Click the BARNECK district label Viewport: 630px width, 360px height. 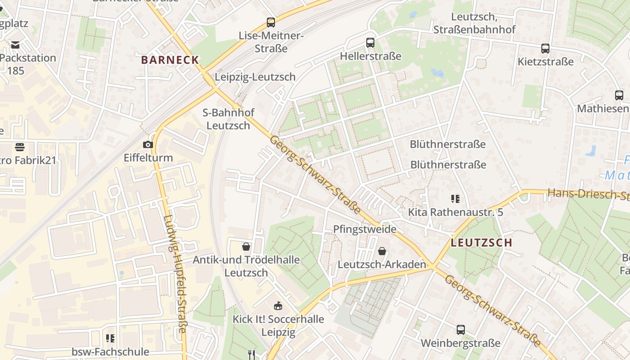[170, 60]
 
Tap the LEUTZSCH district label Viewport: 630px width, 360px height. [481, 243]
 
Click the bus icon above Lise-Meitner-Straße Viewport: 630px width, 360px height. [271, 22]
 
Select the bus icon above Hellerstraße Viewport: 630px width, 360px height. [370, 43]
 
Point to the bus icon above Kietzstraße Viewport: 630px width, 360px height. [545, 48]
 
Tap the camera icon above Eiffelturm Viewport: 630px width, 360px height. [148, 144]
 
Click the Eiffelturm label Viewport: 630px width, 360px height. [148, 158]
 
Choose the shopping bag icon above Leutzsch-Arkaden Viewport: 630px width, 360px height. [382, 251]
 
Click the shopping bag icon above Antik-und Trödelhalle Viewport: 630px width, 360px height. [246, 247]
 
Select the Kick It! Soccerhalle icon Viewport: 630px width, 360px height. [278, 306]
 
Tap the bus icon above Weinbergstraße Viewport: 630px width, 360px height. [461, 330]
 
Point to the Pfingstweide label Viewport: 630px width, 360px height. [364, 229]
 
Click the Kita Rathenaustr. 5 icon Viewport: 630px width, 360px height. [455, 198]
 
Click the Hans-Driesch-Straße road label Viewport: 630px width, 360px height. [587, 194]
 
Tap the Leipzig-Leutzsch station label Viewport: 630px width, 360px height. [255, 77]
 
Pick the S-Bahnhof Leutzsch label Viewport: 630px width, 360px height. [229, 119]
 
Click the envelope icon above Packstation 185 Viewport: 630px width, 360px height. [16, 45]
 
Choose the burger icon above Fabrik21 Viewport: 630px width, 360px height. [19, 147]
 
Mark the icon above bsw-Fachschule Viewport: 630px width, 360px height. [110, 338]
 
